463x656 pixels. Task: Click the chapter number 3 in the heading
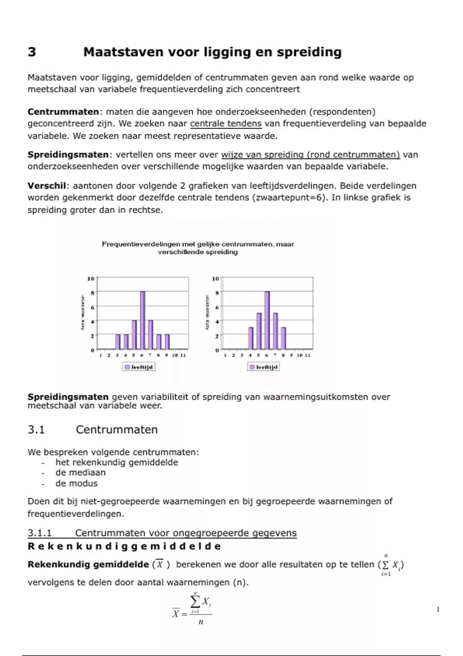[x=32, y=52]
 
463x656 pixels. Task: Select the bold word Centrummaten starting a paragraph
[x=63, y=112]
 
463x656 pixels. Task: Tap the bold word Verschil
[x=47, y=186]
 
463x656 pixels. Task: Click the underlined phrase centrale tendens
[x=226, y=124]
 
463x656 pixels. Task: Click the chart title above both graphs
[x=198, y=248]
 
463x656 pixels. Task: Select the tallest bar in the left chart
[x=142, y=320]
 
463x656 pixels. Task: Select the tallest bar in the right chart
[x=267, y=320]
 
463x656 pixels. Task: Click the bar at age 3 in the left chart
[x=118, y=342]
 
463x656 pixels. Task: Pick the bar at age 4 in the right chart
[x=251, y=338]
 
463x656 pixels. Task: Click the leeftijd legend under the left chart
[x=139, y=367]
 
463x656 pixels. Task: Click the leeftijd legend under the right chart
[x=263, y=367]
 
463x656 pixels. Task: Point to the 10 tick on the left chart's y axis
[x=91, y=278]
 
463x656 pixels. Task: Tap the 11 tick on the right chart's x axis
[x=308, y=355]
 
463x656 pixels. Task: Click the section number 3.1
[x=36, y=430]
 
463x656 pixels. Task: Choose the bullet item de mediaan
[x=80, y=473]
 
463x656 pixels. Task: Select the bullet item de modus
[x=76, y=484]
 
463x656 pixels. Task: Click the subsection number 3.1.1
[x=39, y=533]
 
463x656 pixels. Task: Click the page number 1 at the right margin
[x=438, y=610]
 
